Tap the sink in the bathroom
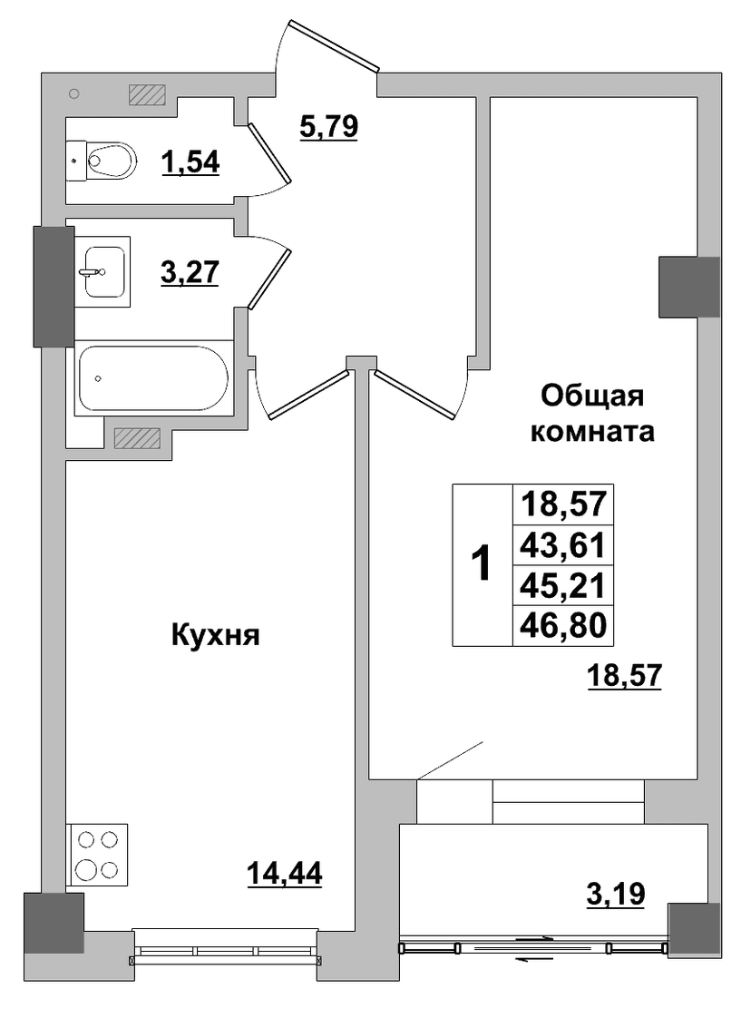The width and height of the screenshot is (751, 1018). coord(103,271)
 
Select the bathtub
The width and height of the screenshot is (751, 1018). coord(153,377)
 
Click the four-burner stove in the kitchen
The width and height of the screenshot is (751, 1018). coord(97,855)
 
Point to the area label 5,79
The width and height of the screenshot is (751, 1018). coord(328,126)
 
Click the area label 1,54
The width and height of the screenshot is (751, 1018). coord(190,162)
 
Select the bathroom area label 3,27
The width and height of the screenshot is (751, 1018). coord(190,272)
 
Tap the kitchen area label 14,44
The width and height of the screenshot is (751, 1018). coord(284,873)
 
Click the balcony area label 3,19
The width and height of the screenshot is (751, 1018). coord(615,894)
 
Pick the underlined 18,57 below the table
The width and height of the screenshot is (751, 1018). coord(624,676)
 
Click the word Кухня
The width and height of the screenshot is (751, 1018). coord(216,636)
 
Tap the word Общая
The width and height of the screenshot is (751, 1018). coord(592,396)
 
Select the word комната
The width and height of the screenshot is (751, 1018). coord(592,432)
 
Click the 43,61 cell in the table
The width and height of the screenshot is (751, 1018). coord(563,545)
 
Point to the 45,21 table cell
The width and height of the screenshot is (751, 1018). coord(563,586)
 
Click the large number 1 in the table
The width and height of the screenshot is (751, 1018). coord(482,564)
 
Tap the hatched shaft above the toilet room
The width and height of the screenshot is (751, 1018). coord(147,94)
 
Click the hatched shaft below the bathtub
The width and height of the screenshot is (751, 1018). coord(137,438)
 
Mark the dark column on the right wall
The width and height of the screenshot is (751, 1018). coord(689,287)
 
